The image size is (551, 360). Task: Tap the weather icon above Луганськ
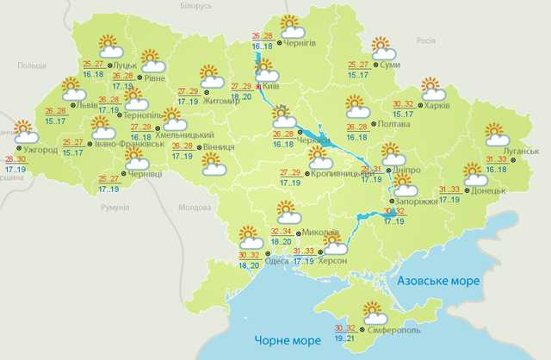click(498, 134)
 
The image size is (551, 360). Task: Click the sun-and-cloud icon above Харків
click(431, 89)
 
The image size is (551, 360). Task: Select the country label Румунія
click(114, 208)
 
